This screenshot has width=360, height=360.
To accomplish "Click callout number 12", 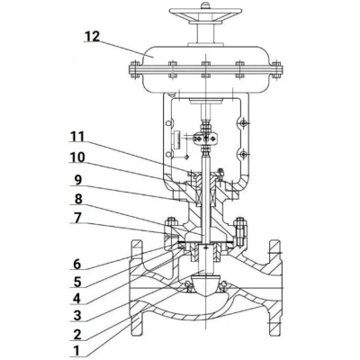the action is (x=92, y=36).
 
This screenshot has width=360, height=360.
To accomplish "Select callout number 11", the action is (x=77, y=137).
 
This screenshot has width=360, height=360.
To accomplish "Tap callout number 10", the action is (x=77, y=157).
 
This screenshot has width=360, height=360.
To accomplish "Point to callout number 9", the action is (x=78, y=180).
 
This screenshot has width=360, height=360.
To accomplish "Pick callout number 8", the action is (x=78, y=199).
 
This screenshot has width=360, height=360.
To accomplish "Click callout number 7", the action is (x=77, y=219).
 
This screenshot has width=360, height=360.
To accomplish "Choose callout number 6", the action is (x=77, y=265).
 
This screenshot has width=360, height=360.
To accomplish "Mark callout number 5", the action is (x=77, y=282).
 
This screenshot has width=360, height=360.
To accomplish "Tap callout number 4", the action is (x=77, y=299).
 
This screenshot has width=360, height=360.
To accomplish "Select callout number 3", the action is (x=77, y=316).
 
